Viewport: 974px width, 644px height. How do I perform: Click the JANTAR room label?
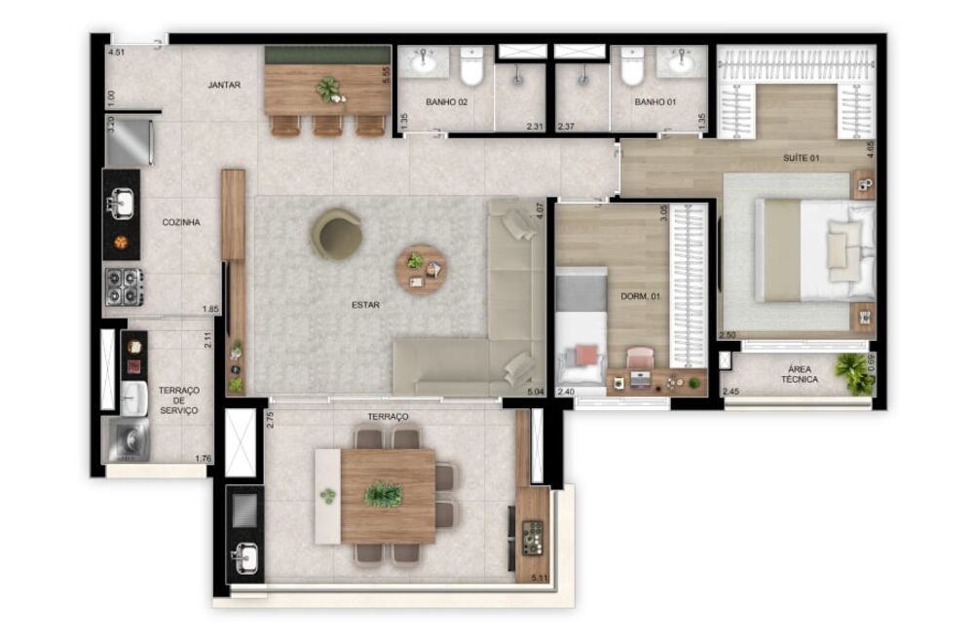pos(224,85)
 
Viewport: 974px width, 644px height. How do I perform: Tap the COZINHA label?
pos(181,222)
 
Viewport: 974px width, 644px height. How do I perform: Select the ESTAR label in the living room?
pos(366,304)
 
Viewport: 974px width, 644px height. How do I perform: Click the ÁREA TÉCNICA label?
pos(797,373)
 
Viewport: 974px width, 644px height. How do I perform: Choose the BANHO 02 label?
pos(447,101)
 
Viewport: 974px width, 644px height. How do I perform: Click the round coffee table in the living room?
pos(420,269)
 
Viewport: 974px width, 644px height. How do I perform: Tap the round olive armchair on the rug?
pos(337,234)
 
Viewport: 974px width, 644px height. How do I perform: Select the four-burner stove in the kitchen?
pos(124,286)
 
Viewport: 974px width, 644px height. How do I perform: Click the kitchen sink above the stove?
pos(121,204)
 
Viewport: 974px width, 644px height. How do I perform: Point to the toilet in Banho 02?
pos(472,67)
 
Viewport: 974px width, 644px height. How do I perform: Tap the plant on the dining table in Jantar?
pos(329,90)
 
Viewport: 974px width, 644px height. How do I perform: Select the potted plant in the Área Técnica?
pos(856,373)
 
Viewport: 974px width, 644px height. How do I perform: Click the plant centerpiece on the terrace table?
pos(383,494)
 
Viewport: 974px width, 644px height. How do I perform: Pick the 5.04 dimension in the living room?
pos(534,392)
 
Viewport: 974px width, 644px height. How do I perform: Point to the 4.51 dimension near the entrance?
pos(117,53)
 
